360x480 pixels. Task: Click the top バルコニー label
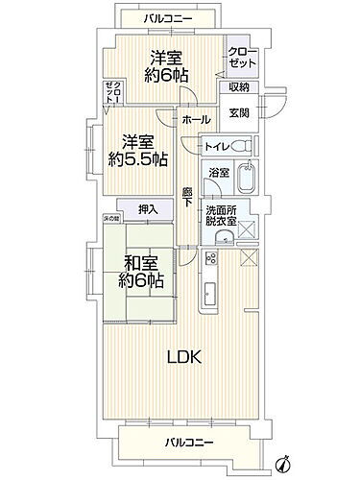pos(154,17)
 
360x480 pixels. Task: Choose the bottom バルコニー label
pos(187,443)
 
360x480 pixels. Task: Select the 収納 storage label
pos(239,87)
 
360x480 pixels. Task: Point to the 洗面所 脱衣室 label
pos(228,213)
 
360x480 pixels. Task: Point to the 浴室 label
pos(220,173)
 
